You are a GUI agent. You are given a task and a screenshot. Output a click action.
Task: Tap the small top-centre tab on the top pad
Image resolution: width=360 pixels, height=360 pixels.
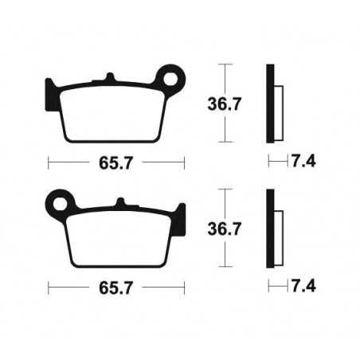tap(109, 77)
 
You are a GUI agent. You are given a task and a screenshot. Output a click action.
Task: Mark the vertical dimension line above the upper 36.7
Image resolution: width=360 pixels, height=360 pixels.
tap(227, 77)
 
